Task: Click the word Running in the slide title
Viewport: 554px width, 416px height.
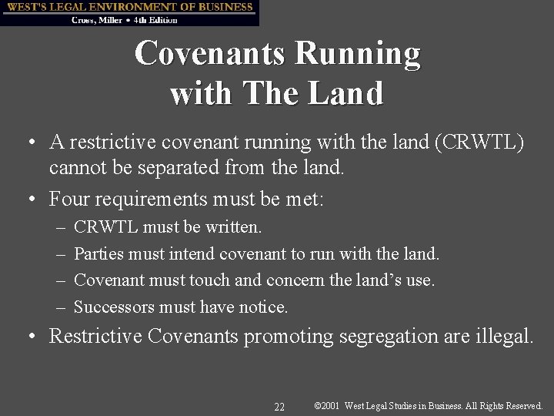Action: click(x=358, y=54)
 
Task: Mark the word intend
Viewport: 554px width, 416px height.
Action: click(x=194, y=253)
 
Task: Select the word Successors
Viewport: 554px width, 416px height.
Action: click(x=113, y=307)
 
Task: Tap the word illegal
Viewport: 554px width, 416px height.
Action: click(x=502, y=337)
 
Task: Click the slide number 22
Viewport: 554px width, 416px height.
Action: click(x=279, y=406)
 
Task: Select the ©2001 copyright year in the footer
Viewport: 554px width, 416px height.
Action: click(x=328, y=405)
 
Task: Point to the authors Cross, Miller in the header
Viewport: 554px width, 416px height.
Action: click(x=95, y=19)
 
